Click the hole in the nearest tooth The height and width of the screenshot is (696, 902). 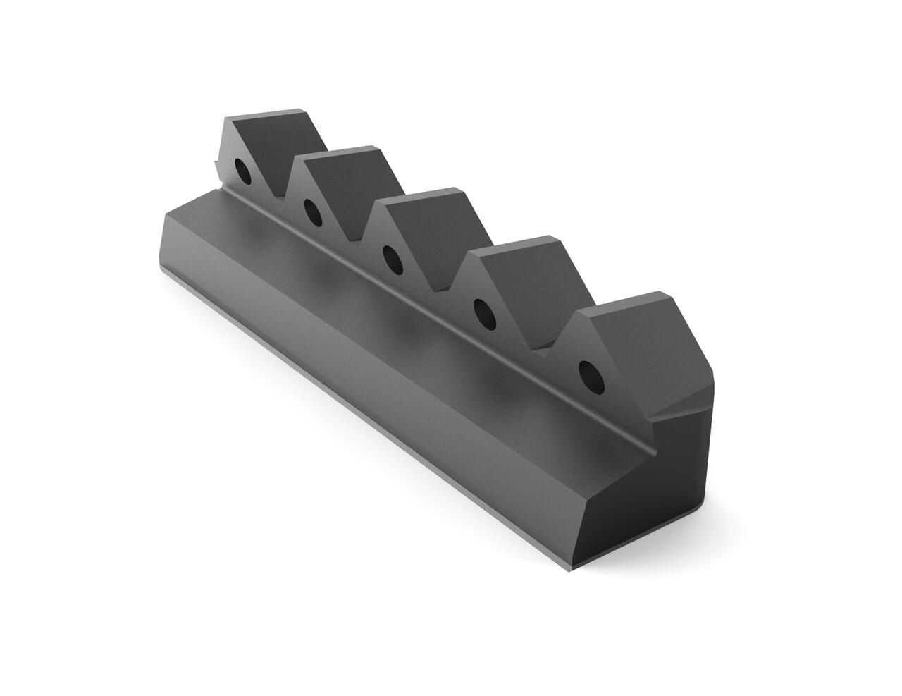point(591,376)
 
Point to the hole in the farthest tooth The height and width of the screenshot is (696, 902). point(241,171)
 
